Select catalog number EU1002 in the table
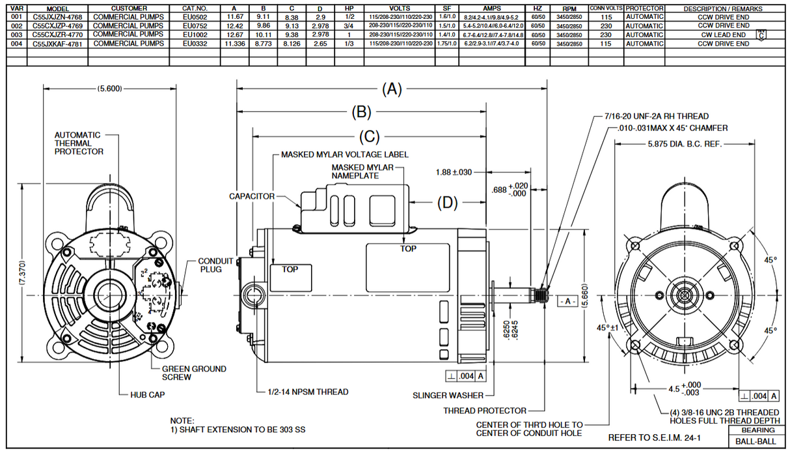click(x=195, y=35)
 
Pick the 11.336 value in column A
click(x=234, y=44)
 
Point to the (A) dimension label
click(x=392, y=89)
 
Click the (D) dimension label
click(x=447, y=203)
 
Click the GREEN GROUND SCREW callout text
click(x=194, y=373)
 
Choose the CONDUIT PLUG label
click(x=215, y=265)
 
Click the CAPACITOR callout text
click(x=251, y=196)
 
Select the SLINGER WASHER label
click(x=448, y=395)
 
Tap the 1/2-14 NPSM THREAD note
click(x=308, y=392)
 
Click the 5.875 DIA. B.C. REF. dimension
click(x=685, y=144)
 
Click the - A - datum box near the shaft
click(x=566, y=302)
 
